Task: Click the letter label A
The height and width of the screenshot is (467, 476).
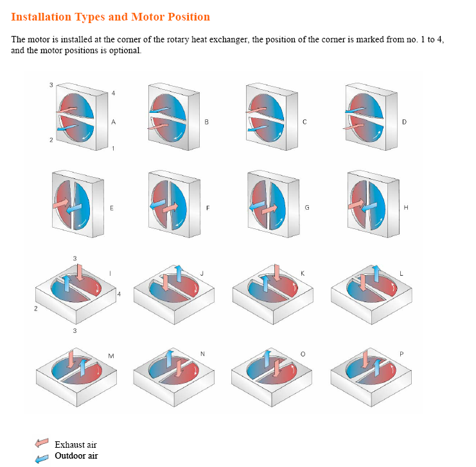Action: pos(113,122)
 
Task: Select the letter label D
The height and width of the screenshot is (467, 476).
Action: pos(404,122)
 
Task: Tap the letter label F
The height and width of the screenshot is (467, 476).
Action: pos(208,208)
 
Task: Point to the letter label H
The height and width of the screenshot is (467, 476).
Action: pos(406,208)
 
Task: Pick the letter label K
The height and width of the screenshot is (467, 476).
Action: pos(303,273)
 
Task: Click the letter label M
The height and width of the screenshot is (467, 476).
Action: pos(111,356)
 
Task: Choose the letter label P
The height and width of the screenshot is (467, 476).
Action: pos(401,354)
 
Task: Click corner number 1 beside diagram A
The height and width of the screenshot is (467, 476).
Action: pos(113,149)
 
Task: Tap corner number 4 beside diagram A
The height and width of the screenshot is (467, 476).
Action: pos(114,94)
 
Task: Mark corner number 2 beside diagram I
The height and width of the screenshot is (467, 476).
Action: pos(36,309)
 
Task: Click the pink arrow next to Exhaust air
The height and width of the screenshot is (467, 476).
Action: pos(42,443)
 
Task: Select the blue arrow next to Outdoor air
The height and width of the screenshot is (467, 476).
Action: pos(42,459)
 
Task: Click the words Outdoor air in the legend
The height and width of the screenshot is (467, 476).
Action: pos(76,456)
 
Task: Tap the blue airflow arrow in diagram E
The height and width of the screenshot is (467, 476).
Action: pos(74,208)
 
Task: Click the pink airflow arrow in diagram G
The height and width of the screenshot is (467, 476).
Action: pos(270,209)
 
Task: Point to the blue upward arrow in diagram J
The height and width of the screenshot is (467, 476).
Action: pos(179,273)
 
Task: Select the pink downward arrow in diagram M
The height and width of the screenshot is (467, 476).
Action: pos(71,359)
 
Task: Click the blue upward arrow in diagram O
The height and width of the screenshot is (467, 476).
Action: pos(267,359)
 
